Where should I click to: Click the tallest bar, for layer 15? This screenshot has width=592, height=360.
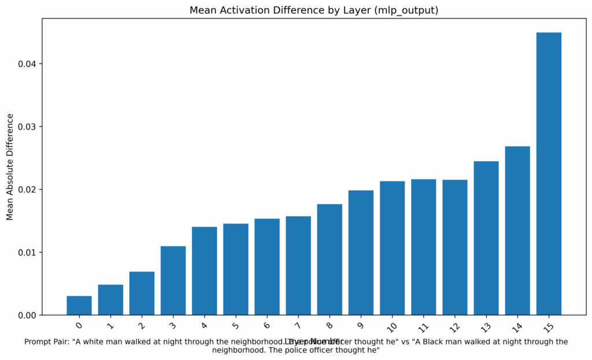click(x=549, y=173)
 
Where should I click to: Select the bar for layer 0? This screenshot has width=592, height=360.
click(x=79, y=306)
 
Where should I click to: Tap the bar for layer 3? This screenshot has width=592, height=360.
click(x=173, y=281)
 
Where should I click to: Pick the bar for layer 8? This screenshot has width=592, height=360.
click(x=330, y=259)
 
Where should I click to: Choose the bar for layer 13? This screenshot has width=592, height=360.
click(x=486, y=238)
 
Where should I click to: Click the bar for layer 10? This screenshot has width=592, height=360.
click(x=392, y=248)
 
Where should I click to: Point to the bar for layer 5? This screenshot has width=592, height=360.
click(x=236, y=269)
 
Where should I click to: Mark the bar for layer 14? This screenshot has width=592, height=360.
click(x=517, y=231)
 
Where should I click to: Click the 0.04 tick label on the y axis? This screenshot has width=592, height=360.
click(x=25, y=64)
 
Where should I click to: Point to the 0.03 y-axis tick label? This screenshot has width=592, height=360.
click(x=25, y=127)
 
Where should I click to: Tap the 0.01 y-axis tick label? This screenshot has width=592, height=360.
click(x=25, y=253)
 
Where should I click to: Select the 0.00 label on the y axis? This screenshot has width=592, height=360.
click(x=25, y=316)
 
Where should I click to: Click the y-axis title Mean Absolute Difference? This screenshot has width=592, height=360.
click(x=10, y=166)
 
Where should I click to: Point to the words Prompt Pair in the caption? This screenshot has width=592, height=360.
click(x=43, y=342)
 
